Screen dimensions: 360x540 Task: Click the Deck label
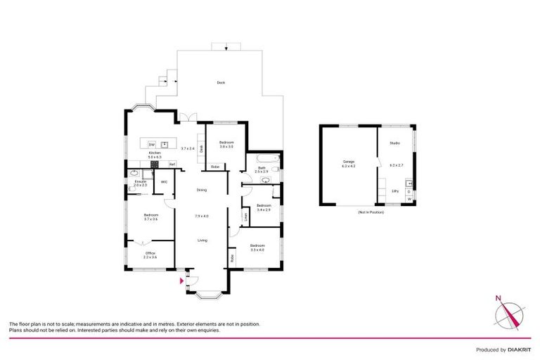[x=221, y=84]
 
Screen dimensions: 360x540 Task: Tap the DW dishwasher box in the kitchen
[x=152, y=144]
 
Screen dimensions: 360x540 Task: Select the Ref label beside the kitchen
[x=172, y=164]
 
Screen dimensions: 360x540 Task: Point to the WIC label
[x=164, y=182]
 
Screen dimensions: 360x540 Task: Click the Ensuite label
[x=141, y=181]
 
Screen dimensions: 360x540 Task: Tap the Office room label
[x=150, y=253]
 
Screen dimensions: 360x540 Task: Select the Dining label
[x=202, y=190]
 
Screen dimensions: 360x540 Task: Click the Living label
[x=202, y=240]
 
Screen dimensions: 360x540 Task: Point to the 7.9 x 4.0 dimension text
[x=202, y=215]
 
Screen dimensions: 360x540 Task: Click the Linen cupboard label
[x=245, y=217]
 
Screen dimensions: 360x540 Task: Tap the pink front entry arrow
[x=183, y=281]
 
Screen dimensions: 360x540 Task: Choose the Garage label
[x=349, y=162]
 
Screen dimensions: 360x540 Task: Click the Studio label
[x=394, y=143]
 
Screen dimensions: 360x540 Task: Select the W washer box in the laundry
[x=409, y=199]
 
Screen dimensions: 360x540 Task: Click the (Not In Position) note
[x=371, y=212]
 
